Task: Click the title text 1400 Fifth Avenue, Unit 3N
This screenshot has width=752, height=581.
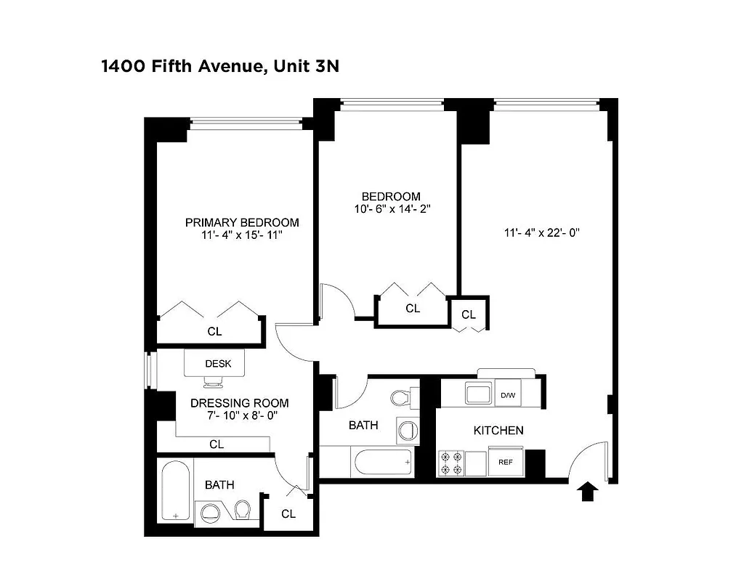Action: (x=220, y=67)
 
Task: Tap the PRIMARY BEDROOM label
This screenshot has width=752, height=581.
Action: (x=241, y=222)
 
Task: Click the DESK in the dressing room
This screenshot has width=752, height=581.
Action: (x=217, y=363)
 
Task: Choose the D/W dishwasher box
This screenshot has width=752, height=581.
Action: (x=508, y=395)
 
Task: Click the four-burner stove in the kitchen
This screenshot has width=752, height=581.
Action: (x=450, y=463)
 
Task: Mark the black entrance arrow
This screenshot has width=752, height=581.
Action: (x=587, y=493)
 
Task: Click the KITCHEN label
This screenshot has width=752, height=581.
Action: (x=498, y=431)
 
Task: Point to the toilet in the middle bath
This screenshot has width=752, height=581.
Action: (x=401, y=398)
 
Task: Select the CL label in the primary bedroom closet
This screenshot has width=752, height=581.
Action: (x=214, y=331)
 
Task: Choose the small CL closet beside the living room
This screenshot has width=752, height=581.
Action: (x=469, y=314)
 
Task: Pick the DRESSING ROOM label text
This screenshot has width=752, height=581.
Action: (x=239, y=403)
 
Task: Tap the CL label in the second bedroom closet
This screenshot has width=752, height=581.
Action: (x=413, y=309)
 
